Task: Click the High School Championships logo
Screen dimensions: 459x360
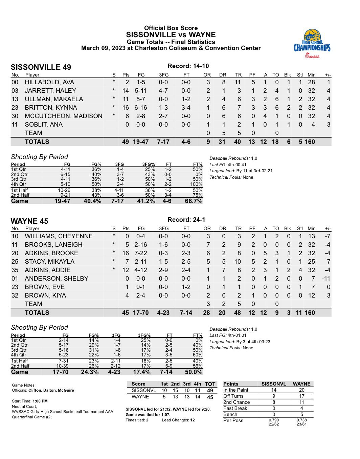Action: pos(312,43)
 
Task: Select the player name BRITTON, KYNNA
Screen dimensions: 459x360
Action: pos(51,108)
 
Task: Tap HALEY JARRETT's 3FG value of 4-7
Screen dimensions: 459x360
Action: pos(163,91)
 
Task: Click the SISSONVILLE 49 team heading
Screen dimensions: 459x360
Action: pos(41,67)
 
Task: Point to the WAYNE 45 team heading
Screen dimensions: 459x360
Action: pos(29,221)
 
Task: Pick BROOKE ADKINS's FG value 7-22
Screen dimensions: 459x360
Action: pos(141,253)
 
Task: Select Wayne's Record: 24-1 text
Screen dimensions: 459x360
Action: pos(186,220)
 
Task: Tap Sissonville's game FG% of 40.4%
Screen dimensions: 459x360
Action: pos(92,201)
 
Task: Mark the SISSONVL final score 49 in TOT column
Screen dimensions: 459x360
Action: pos(210,390)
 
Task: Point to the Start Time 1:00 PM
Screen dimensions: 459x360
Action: pos(40,401)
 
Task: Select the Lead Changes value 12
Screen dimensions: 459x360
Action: pos(192,420)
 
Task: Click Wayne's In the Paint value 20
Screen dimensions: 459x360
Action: pos(301,390)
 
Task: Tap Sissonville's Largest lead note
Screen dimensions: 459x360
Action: pos(241,171)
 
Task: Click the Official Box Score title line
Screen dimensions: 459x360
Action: pos(171,28)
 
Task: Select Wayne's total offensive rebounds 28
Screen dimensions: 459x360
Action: pos(206,313)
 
